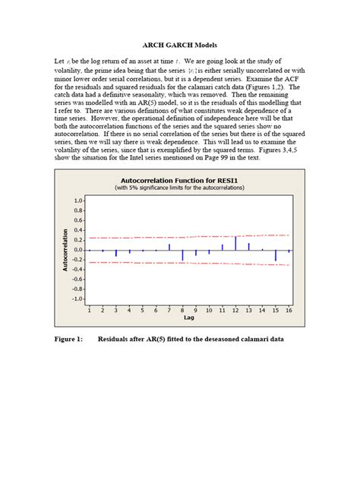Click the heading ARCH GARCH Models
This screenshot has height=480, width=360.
(x=179, y=45)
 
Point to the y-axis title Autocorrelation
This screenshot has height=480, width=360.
(x=65, y=249)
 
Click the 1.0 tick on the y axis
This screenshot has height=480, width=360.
(x=78, y=201)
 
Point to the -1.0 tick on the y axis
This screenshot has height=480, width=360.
(x=77, y=298)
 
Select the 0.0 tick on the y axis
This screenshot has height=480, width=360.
(x=78, y=250)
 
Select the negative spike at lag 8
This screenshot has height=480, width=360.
(x=182, y=255)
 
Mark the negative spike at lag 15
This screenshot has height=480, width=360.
(x=276, y=255)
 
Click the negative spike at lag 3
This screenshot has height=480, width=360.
(x=115, y=253)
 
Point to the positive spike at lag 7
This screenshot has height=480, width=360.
(x=169, y=247)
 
